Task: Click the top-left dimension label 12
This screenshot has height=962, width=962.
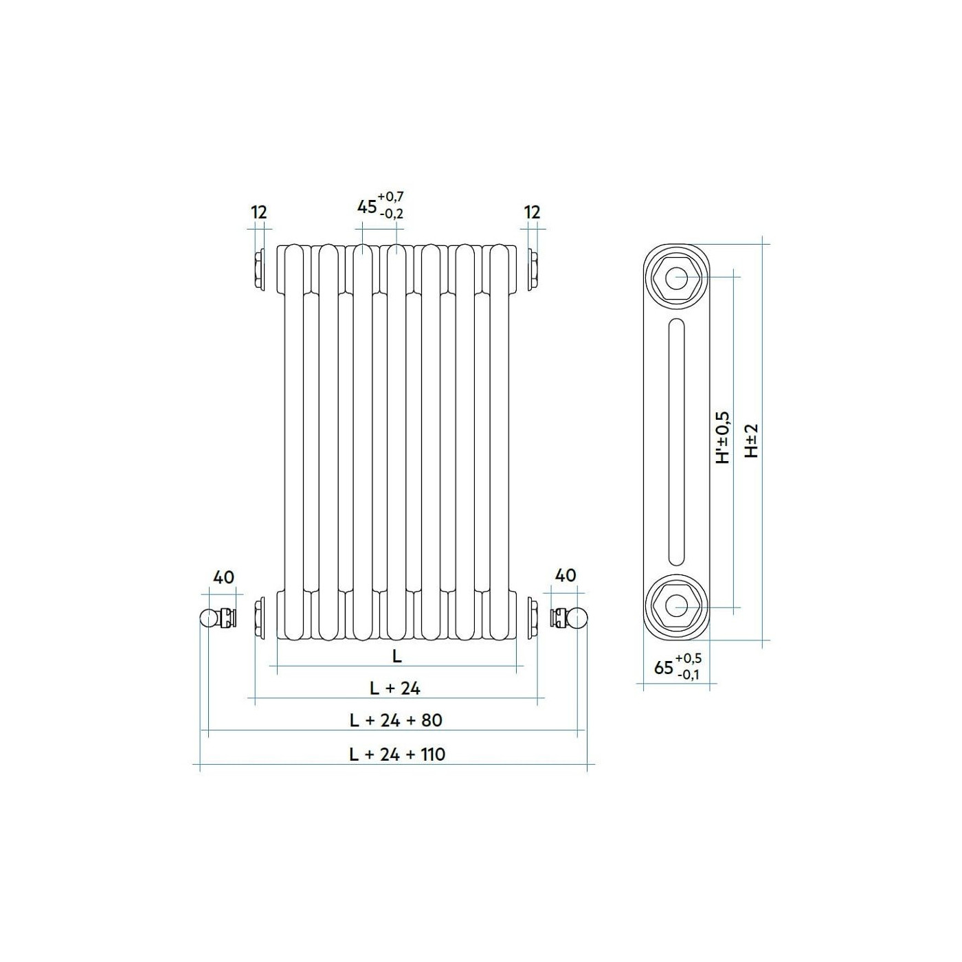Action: [x=259, y=212]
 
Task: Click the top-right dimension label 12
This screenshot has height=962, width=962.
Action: [x=532, y=212]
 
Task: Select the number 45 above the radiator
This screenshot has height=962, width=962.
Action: [x=367, y=206]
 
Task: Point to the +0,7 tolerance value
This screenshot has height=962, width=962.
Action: [x=390, y=197]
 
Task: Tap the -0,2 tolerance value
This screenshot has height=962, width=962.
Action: [x=392, y=214]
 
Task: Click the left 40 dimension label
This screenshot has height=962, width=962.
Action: [x=223, y=577]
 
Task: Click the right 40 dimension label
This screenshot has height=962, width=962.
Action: [x=565, y=575]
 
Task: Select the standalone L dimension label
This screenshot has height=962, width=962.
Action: [x=397, y=656]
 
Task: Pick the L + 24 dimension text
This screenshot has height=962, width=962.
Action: [x=395, y=689]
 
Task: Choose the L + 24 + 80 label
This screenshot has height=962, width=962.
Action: [x=396, y=720]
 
